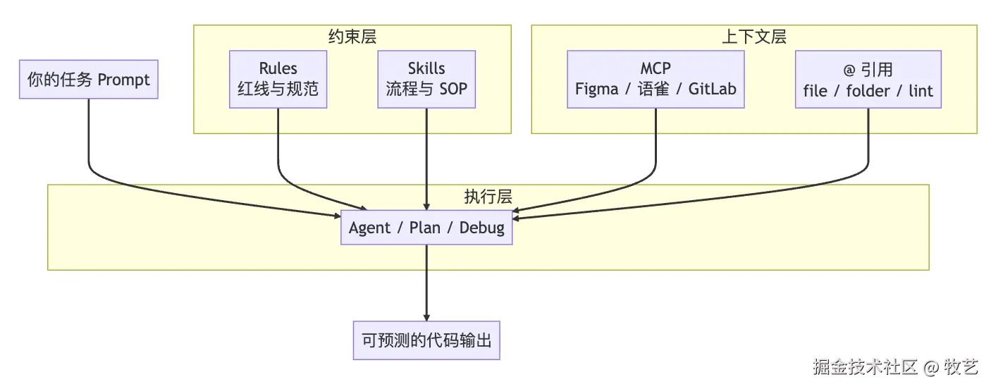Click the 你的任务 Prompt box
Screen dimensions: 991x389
(89, 79)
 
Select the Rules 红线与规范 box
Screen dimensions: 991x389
(278, 79)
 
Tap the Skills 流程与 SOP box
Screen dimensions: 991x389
(426, 79)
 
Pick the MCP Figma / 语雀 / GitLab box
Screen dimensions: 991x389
(655, 79)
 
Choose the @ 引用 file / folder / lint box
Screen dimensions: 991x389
(868, 79)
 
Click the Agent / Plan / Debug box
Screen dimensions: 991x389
(426, 228)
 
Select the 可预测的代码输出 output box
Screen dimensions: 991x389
(426, 340)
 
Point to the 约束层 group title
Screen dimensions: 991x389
(352, 37)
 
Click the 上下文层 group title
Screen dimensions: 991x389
(754, 37)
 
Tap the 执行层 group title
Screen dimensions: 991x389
(488, 197)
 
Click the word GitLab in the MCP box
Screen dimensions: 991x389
(713, 89)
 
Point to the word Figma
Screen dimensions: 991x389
(596, 89)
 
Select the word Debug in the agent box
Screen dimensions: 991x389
(482, 228)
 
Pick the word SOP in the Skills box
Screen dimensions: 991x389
(453, 89)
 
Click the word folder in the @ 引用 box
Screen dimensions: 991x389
(868, 91)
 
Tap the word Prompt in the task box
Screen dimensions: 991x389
(123, 80)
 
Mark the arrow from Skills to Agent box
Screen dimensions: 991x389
(426, 159)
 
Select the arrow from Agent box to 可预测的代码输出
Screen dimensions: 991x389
(426, 283)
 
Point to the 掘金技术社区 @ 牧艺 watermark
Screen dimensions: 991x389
(895, 367)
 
